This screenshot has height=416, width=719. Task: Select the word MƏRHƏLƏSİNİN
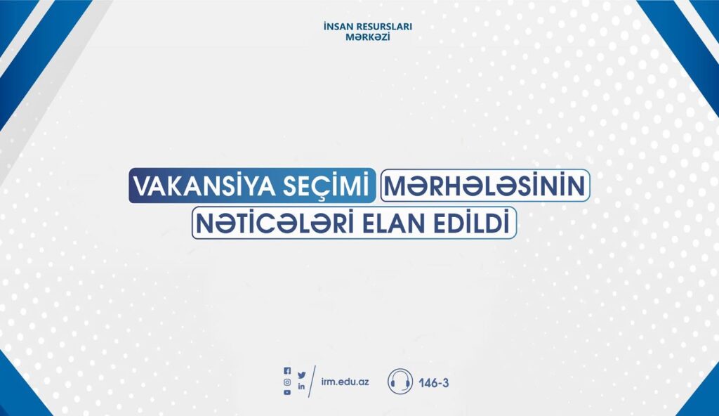click(x=484, y=186)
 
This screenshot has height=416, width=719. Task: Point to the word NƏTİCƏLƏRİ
click(x=275, y=223)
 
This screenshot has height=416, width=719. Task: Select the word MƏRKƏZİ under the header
click(x=368, y=37)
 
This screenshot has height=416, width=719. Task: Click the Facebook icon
click(x=287, y=370)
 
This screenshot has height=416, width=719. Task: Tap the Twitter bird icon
click(x=301, y=375)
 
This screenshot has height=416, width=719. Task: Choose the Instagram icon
click(x=287, y=382)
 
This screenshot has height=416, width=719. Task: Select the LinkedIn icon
click(x=301, y=386)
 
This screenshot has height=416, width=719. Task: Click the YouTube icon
click(x=287, y=393)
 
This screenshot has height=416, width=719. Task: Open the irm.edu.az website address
click(x=345, y=382)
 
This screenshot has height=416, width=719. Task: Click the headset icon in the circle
click(x=400, y=381)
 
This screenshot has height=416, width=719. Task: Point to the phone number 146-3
click(x=433, y=382)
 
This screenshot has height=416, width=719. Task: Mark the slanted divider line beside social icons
click(x=312, y=382)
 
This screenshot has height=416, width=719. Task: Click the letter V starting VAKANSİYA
click(x=142, y=186)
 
